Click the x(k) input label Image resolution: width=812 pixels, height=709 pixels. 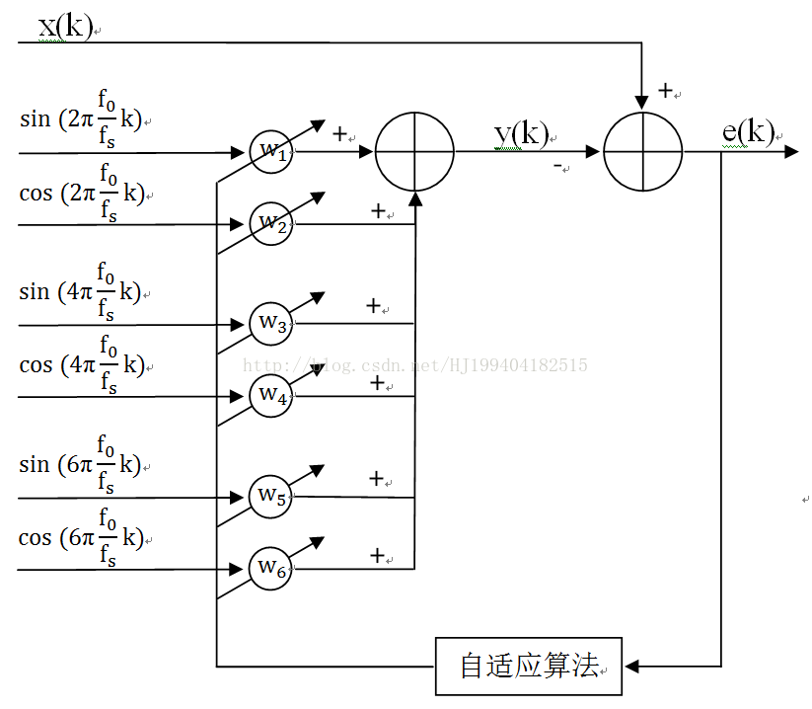65,26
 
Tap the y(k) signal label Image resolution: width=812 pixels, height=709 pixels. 521,134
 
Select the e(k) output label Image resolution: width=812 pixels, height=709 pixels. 747,133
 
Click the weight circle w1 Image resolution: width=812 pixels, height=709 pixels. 270,152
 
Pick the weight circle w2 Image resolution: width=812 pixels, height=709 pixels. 270,224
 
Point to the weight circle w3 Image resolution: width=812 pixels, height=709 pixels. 270,324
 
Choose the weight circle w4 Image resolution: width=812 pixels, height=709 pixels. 270,396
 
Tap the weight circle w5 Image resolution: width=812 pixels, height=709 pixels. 270,497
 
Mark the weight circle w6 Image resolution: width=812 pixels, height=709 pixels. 270,569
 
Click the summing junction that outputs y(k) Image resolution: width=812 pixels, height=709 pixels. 414,151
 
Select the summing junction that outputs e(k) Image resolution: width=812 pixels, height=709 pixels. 642,151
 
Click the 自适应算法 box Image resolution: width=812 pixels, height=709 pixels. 529,666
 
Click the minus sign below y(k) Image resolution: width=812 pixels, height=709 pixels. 558,166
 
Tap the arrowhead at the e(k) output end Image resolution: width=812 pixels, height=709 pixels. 791,151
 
